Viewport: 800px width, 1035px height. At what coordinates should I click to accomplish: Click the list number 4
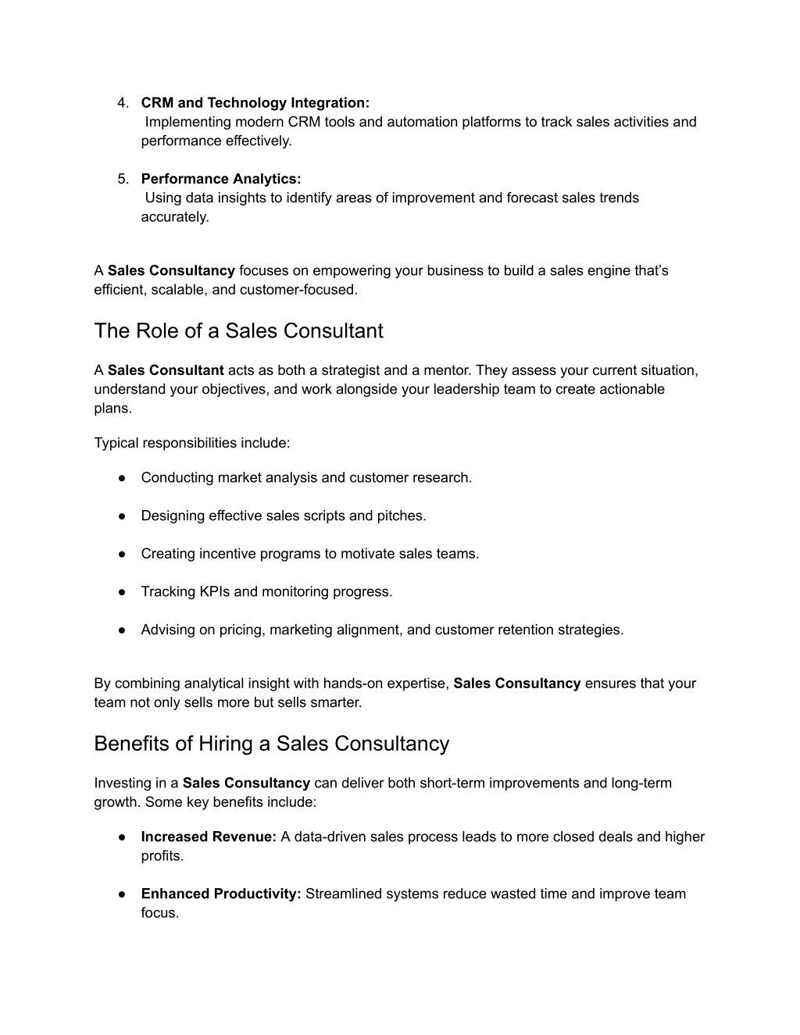123,103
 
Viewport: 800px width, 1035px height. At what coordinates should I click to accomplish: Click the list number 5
123,179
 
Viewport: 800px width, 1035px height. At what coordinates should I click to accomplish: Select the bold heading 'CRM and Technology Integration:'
255,103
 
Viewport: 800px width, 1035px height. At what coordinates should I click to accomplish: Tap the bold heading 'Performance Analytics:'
221,179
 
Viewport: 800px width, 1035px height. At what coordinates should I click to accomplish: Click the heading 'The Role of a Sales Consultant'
238,331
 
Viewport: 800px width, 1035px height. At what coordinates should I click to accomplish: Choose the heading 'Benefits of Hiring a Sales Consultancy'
271,744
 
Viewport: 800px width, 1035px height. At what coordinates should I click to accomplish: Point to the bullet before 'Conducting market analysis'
123,478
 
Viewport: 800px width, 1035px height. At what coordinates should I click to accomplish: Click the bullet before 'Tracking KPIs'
123,592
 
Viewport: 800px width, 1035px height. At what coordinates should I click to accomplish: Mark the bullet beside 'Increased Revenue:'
123,837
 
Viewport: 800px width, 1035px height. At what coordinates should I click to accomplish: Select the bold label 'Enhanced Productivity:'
221,894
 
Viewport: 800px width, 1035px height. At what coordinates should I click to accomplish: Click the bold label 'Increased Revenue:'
209,837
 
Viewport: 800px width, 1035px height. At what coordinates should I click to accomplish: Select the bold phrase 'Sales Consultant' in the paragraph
166,370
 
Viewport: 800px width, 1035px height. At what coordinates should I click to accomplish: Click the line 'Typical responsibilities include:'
192,444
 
